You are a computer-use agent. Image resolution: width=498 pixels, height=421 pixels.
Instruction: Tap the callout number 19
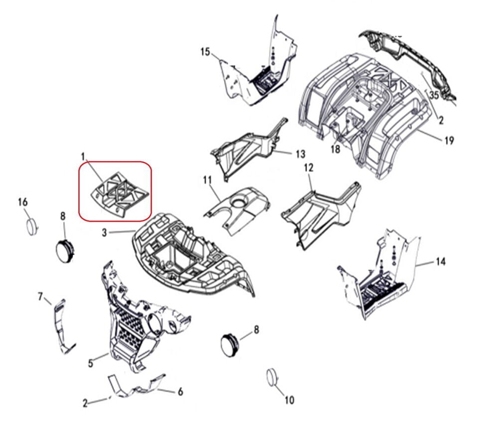tap(449, 141)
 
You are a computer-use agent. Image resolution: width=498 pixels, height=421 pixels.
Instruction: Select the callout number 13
tap(300, 154)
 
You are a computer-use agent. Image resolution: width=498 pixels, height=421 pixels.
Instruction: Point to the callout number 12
tap(308, 168)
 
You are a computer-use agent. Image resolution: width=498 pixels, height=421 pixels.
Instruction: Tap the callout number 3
tap(105, 233)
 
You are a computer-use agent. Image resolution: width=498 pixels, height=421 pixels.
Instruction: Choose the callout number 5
tap(91, 364)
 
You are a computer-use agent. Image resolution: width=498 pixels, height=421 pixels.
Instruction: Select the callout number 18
tap(335, 149)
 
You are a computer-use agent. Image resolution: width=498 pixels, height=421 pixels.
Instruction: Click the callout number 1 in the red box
tap(83, 157)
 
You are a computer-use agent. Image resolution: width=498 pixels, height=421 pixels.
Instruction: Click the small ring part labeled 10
tap(272, 378)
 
